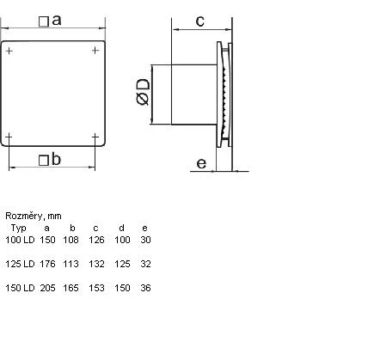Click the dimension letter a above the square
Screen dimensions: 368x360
[x=57, y=21]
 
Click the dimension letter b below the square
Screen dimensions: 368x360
[x=56, y=159]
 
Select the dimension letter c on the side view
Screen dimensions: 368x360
[x=200, y=21]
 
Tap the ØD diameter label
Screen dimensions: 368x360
[x=143, y=92]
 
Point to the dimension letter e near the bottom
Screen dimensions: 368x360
[x=201, y=163]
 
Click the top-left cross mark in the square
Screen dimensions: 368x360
[x=9, y=51]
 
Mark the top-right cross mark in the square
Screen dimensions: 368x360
[x=95, y=51]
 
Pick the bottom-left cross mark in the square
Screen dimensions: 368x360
[x=9, y=137]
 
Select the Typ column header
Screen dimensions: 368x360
[x=19, y=229]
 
